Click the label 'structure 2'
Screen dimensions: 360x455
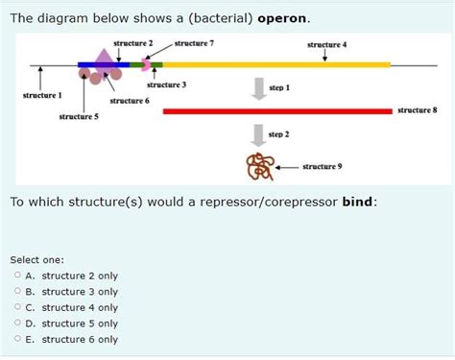(x=132, y=44)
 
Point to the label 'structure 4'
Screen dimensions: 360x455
(x=326, y=45)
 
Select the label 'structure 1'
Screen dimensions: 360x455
(x=41, y=96)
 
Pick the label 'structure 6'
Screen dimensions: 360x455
(x=130, y=101)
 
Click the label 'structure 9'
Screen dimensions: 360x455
(x=323, y=166)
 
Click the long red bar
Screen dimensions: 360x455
(x=278, y=110)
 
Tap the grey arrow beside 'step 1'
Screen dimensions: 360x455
(x=258, y=87)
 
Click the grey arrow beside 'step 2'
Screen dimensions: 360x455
(x=258, y=134)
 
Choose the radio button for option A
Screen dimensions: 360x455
(x=17, y=276)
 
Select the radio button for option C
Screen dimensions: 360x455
(x=17, y=307)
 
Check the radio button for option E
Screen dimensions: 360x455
(x=17, y=339)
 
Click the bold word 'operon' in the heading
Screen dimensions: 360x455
(x=282, y=18)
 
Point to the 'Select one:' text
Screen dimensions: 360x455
(x=36, y=259)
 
